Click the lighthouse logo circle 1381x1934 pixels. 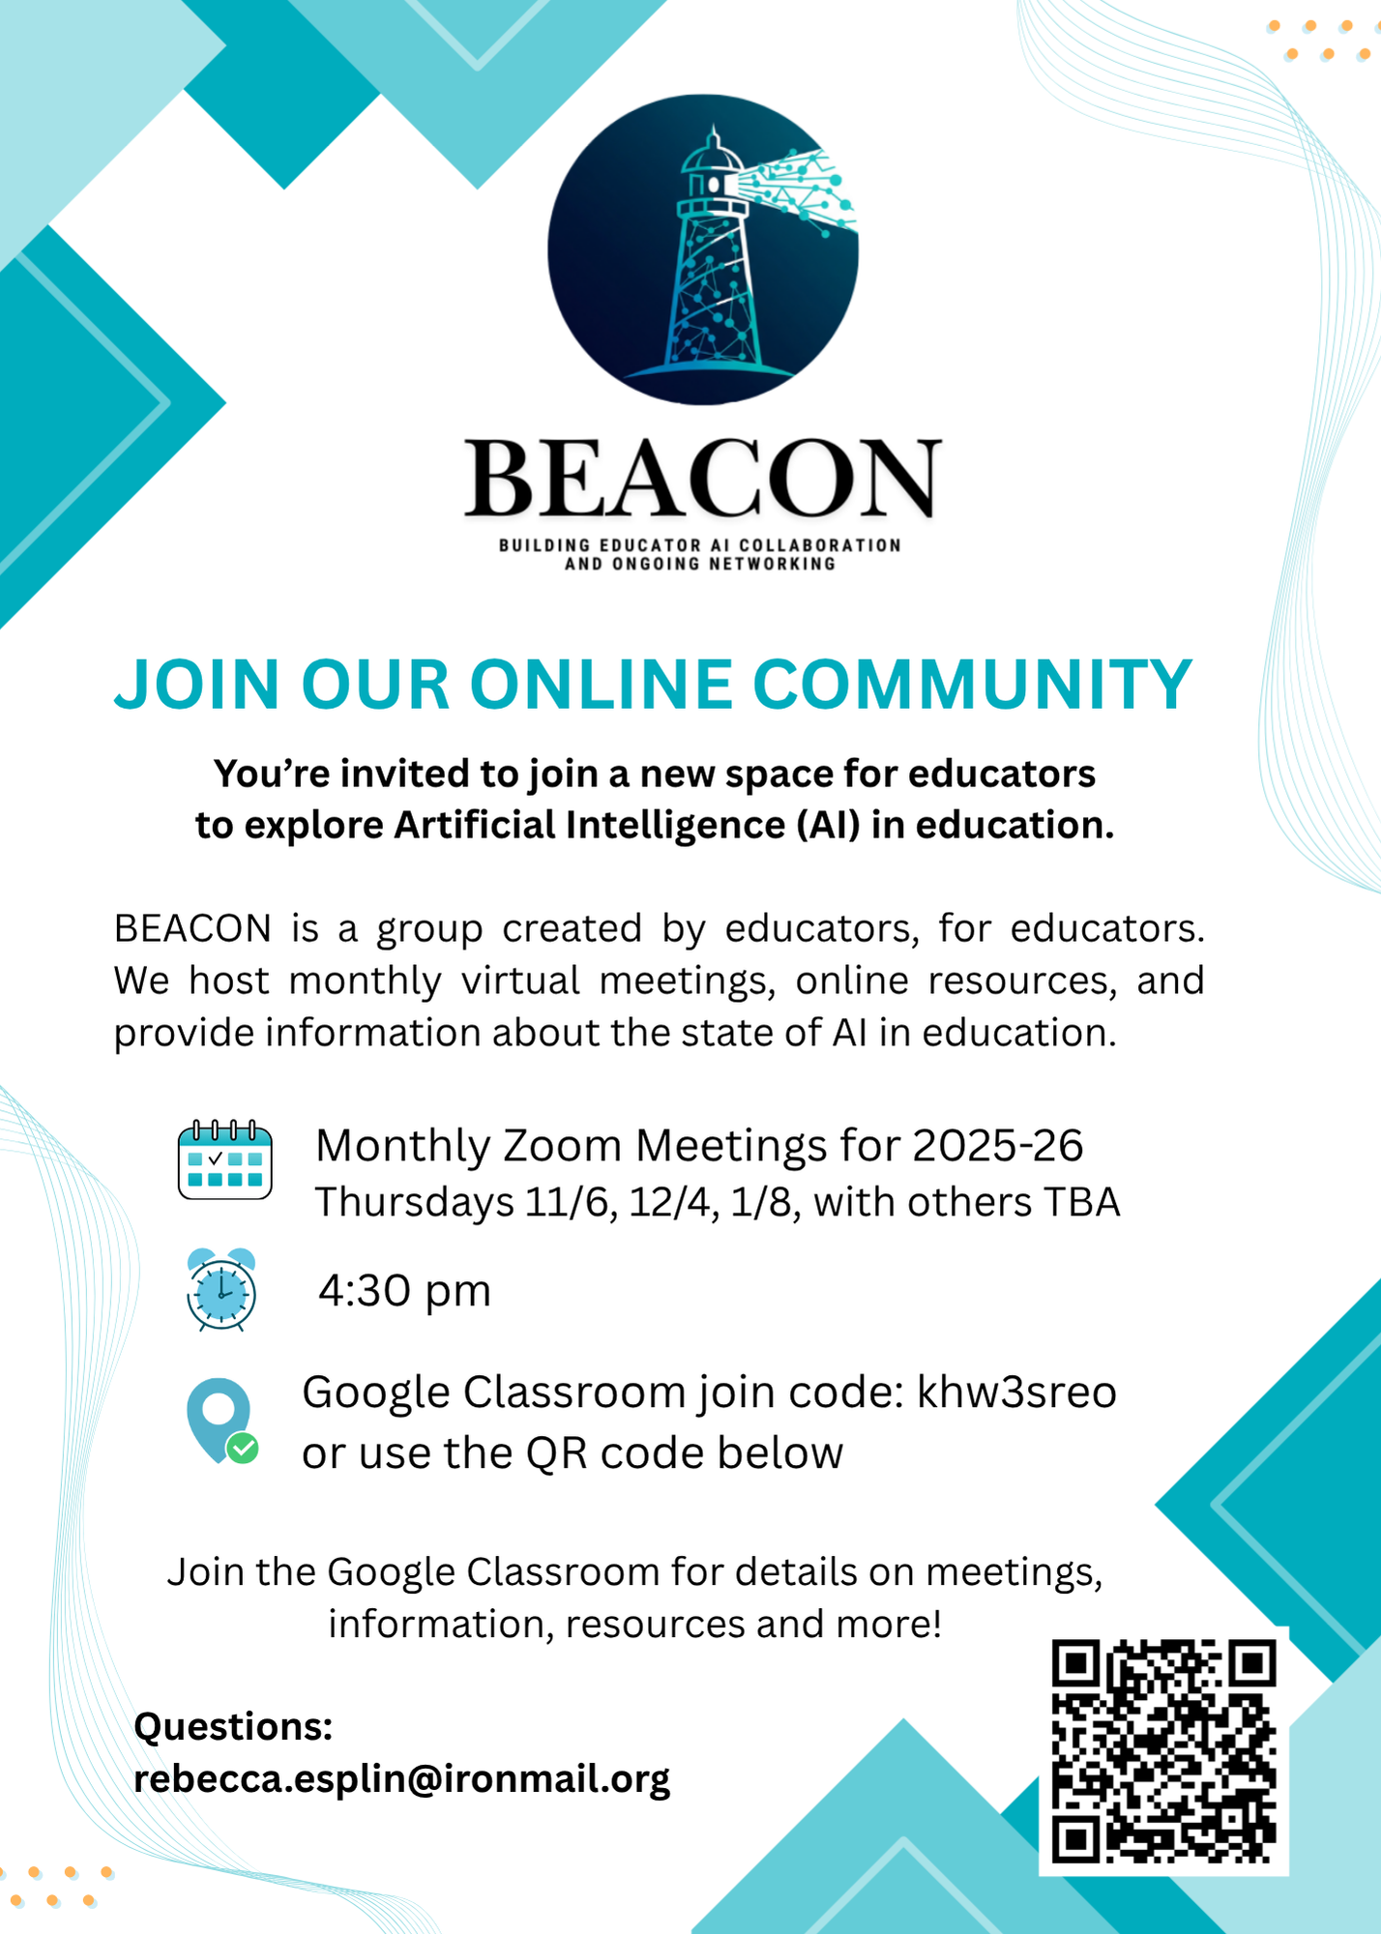pos(703,249)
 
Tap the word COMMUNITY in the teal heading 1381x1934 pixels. pos(972,685)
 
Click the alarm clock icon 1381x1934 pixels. pos(221,1290)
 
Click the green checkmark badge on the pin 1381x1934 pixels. pos(242,1448)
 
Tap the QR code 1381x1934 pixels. pos(1163,1750)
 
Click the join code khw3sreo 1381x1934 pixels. pos(1016,1392)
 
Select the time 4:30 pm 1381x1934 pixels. pos(405,1291)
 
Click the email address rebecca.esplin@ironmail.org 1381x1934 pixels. pos(401,1779)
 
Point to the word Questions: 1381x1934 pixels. pos(233,1726)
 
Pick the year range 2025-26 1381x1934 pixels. pos(997,1146)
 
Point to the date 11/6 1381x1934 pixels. pos(571,1203)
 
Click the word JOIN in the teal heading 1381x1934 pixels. pos(197,685)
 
